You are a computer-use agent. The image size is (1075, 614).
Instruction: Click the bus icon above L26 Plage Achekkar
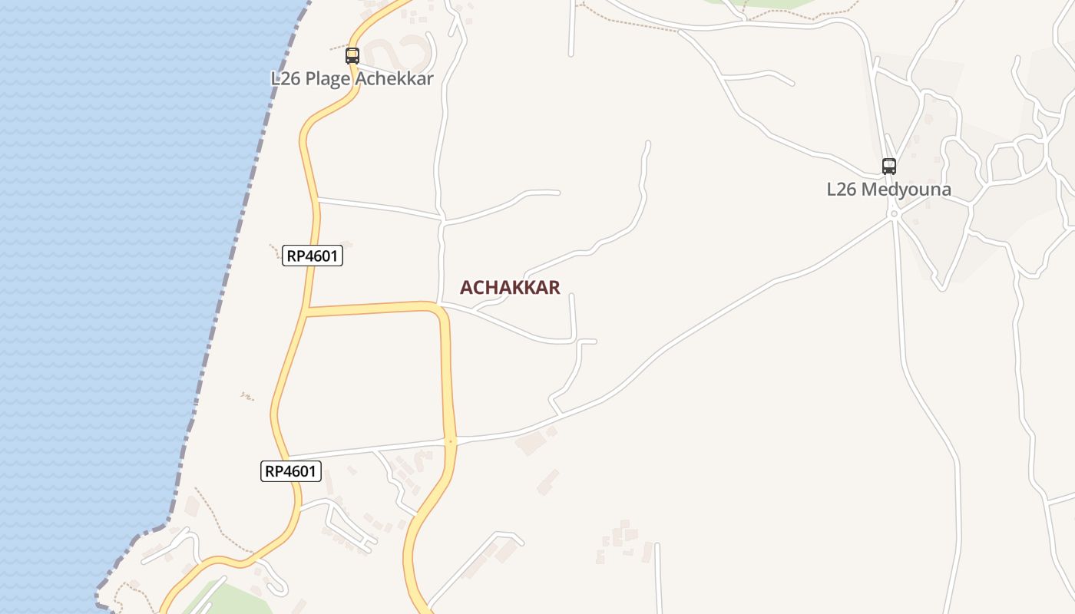point(352,55)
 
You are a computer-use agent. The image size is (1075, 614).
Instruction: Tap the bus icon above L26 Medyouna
point(889,166)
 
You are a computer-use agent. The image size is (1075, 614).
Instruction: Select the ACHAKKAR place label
point(510,288)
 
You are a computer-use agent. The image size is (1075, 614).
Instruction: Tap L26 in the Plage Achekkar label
point(286,78)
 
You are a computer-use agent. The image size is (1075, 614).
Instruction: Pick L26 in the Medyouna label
point(842,189)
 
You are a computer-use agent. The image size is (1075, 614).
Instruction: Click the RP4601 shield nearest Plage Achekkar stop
point(313,256)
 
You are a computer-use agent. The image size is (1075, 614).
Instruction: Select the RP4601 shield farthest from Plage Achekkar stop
point(291,471)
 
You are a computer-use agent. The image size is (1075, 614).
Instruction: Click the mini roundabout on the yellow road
point(451,441)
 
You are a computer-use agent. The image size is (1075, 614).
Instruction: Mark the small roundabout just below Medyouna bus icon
point(894,214)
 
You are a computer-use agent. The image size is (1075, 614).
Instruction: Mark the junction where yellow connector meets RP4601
point(306,311)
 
